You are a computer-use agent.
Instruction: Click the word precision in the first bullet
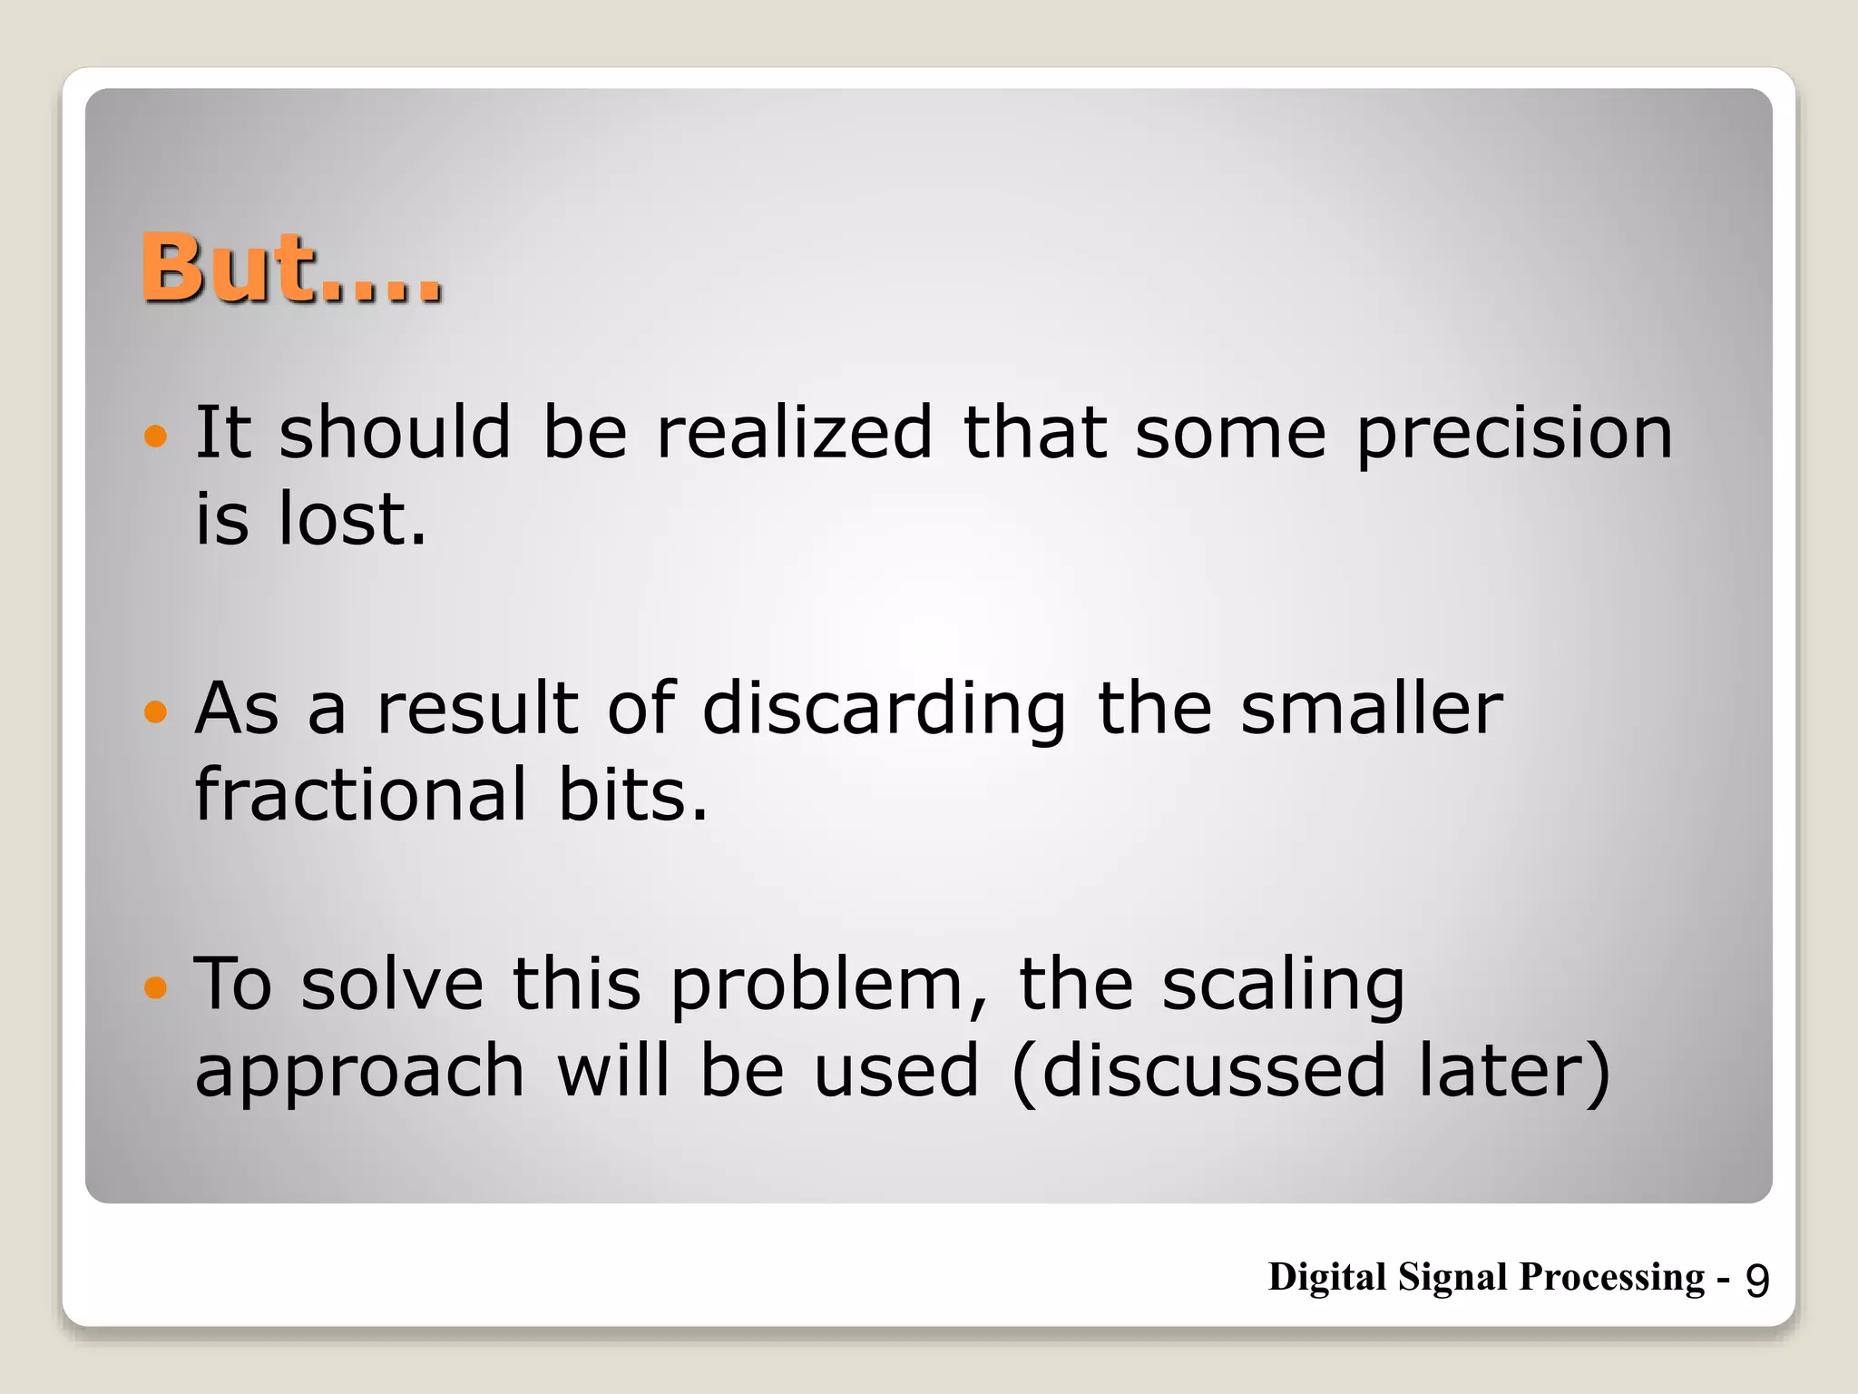pos(1513,434)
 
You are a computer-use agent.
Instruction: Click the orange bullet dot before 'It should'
pos(156,436)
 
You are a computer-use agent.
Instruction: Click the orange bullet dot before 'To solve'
pos(156,987)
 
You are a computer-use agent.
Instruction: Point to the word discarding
pos(884,710)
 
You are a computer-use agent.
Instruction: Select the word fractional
pos(360,794)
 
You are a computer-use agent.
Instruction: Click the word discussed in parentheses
pos(1213,1071)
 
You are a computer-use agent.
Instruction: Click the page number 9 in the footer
pos(1757,1281)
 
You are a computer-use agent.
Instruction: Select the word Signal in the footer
pos(1453,1278)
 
